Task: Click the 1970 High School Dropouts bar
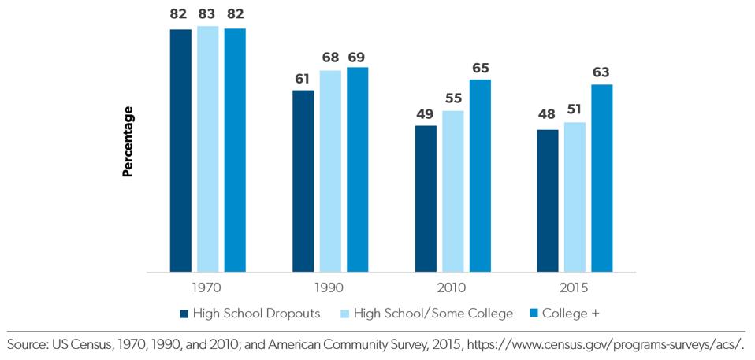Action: [180, 150]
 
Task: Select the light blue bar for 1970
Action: [208, 149]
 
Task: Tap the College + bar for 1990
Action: [357, 169]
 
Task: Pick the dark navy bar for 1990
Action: [303, 181]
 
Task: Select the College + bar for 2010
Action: [480, 176]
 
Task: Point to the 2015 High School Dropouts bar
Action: [547, 201]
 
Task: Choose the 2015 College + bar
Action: [601, 178]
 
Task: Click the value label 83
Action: [208, 14]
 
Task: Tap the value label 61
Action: [303, 78]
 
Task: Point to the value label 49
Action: [426, 113]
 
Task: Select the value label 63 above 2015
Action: [601, 72]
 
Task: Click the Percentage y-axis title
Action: [128, 142]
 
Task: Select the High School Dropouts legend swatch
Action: [184, 314]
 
